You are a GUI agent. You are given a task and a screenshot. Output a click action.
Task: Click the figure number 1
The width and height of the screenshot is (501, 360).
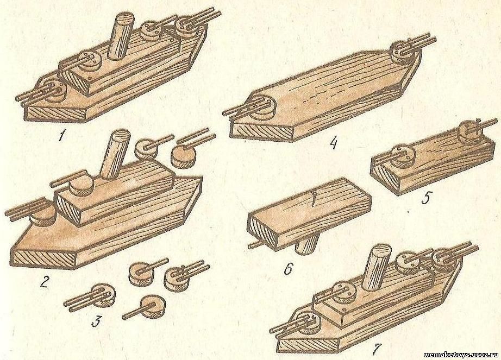point(60,136)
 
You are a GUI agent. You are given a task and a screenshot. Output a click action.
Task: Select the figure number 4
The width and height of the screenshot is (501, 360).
point(333,143)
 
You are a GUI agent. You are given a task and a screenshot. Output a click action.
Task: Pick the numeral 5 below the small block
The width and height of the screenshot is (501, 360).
point(426,198)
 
